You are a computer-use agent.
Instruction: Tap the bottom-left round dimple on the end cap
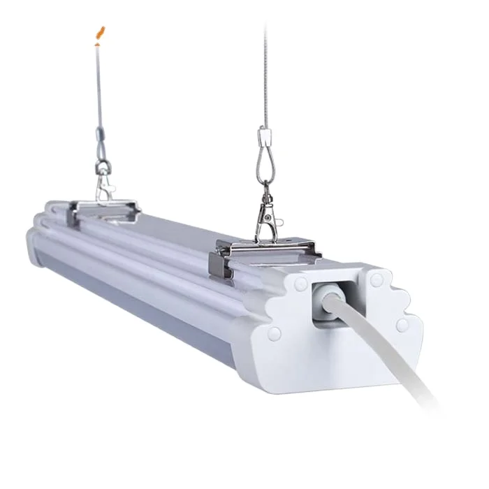click(275, 332)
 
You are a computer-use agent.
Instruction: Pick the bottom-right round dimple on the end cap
click(402, 325)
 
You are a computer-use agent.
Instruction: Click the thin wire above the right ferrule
click(265, 70)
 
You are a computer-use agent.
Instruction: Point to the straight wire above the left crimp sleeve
click(97, 84)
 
